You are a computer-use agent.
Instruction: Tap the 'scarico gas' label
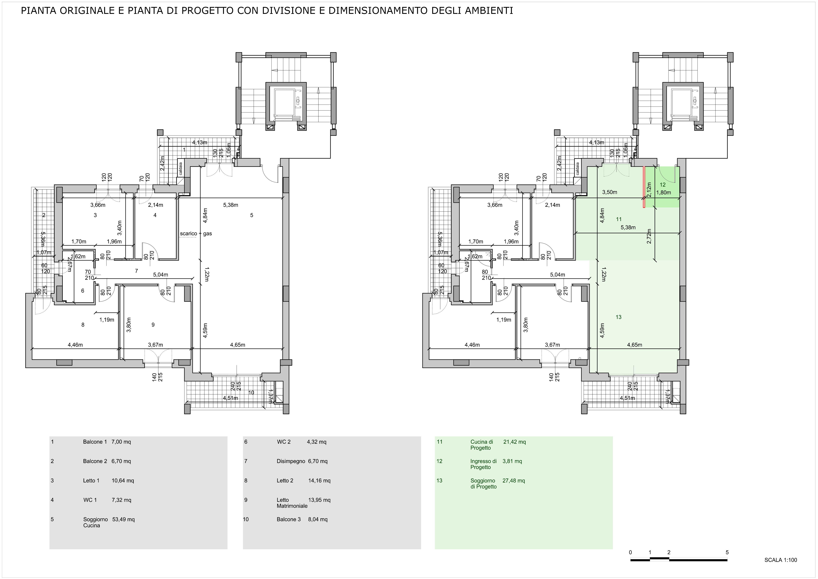196,234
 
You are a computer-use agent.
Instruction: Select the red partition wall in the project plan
644,187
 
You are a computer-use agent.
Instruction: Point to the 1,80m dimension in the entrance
663,193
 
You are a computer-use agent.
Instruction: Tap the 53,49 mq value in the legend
123,519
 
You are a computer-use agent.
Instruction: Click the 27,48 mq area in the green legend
514,480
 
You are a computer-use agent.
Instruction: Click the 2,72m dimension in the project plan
649,236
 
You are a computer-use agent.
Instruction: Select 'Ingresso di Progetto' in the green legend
484,464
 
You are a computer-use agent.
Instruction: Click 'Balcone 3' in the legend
289,519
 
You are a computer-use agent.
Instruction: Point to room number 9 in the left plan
153,325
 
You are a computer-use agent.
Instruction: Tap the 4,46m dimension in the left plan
75,345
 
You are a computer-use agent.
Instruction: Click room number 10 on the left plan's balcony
251,393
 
